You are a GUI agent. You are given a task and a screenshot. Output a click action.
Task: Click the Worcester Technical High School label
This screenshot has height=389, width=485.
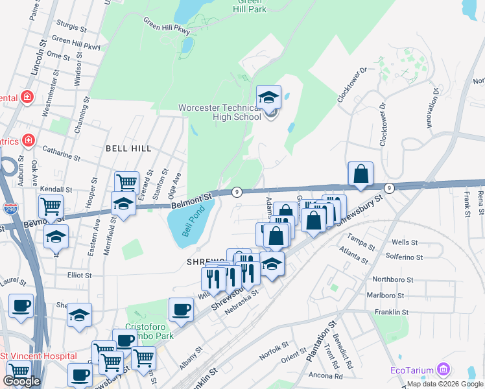pyautogui.click(x=220, y=112)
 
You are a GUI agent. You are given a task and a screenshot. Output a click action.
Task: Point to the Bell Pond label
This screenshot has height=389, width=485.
pyautogui.click(x=193, y=221)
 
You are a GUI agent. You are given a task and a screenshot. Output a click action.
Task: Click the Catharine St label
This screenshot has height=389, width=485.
pyautogui.click(x=62, y=157)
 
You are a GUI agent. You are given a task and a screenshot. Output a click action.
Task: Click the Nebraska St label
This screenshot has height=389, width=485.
pyautogui.click(x=241, y=301)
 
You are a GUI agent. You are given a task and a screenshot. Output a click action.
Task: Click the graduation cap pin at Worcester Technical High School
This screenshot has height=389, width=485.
pyautogui.click(x=268, y=99)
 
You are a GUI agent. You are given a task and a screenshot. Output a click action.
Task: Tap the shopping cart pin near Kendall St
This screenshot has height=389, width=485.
pyautogui.click(x=51, y=207)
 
